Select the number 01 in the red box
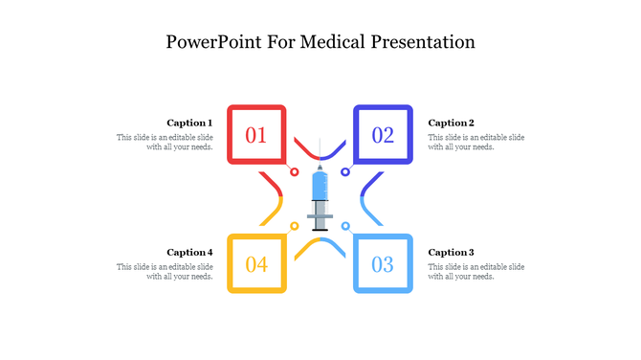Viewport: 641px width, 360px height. [256, 135]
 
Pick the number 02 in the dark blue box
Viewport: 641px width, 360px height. [383, 135]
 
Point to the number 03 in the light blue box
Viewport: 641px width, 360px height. [383, 264]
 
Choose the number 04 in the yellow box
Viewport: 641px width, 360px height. [256, 264]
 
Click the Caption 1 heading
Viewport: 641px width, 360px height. [189, 123]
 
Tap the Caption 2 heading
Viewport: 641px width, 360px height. [451, 123]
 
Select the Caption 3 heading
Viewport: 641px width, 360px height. [451, 252]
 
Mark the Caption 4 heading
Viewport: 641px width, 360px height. [189, 252]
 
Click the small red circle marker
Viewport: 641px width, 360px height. [295, 172]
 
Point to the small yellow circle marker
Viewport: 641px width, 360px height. [295, 226]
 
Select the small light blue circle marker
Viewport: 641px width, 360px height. [345, 226]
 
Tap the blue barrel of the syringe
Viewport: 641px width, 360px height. [320, 185]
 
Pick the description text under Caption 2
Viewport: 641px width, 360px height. [475, 142]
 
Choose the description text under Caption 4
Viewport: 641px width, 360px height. [165, 271]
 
